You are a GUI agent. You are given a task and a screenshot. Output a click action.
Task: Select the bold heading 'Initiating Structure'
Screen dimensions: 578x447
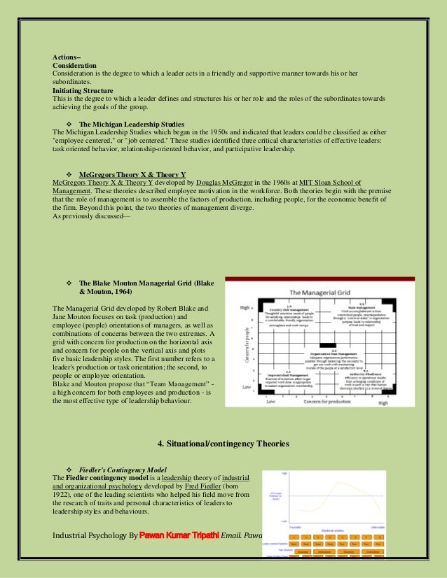click(83, 90)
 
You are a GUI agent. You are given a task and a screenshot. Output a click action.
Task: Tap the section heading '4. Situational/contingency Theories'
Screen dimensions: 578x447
click(224, 444)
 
